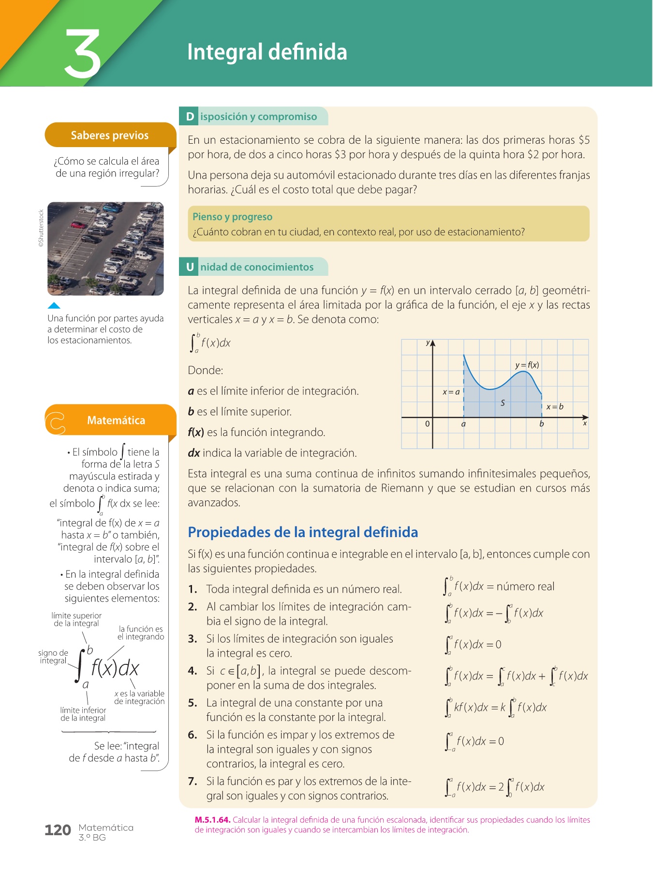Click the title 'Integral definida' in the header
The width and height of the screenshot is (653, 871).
[x=267, y=52]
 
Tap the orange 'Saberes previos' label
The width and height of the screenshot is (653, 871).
[x=110, y=135]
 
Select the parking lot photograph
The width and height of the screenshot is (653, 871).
[x=105, y=249]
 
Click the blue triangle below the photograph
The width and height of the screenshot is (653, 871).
[x=54, y=305]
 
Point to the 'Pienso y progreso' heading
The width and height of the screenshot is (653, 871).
[x=232, y=217]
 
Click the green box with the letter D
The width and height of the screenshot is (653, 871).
[x=190, y=117]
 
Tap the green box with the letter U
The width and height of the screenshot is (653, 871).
[x=190, y=267]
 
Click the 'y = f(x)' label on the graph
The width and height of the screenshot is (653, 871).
[x=527, y=365]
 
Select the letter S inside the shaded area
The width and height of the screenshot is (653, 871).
[x=503, y=403]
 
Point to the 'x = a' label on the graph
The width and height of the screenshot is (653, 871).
[x=451, y=392]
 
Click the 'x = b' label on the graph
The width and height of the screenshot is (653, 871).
[x=555, y=406]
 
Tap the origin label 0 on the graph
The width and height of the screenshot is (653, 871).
[x=427, y=424]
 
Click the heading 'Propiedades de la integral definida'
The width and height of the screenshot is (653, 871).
[x=303, y=532]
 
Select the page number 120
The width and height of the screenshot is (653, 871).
[x=58, y=830]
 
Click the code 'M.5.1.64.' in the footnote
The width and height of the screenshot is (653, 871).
[x=212, y=820]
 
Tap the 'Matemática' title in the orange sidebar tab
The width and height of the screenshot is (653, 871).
[x=116, y=420]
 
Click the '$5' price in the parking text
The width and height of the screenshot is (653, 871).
[x=584, y=140]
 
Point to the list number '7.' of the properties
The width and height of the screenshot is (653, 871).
[x=193, y=781]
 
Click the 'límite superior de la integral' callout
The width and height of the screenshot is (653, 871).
[x=76, y=619]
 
